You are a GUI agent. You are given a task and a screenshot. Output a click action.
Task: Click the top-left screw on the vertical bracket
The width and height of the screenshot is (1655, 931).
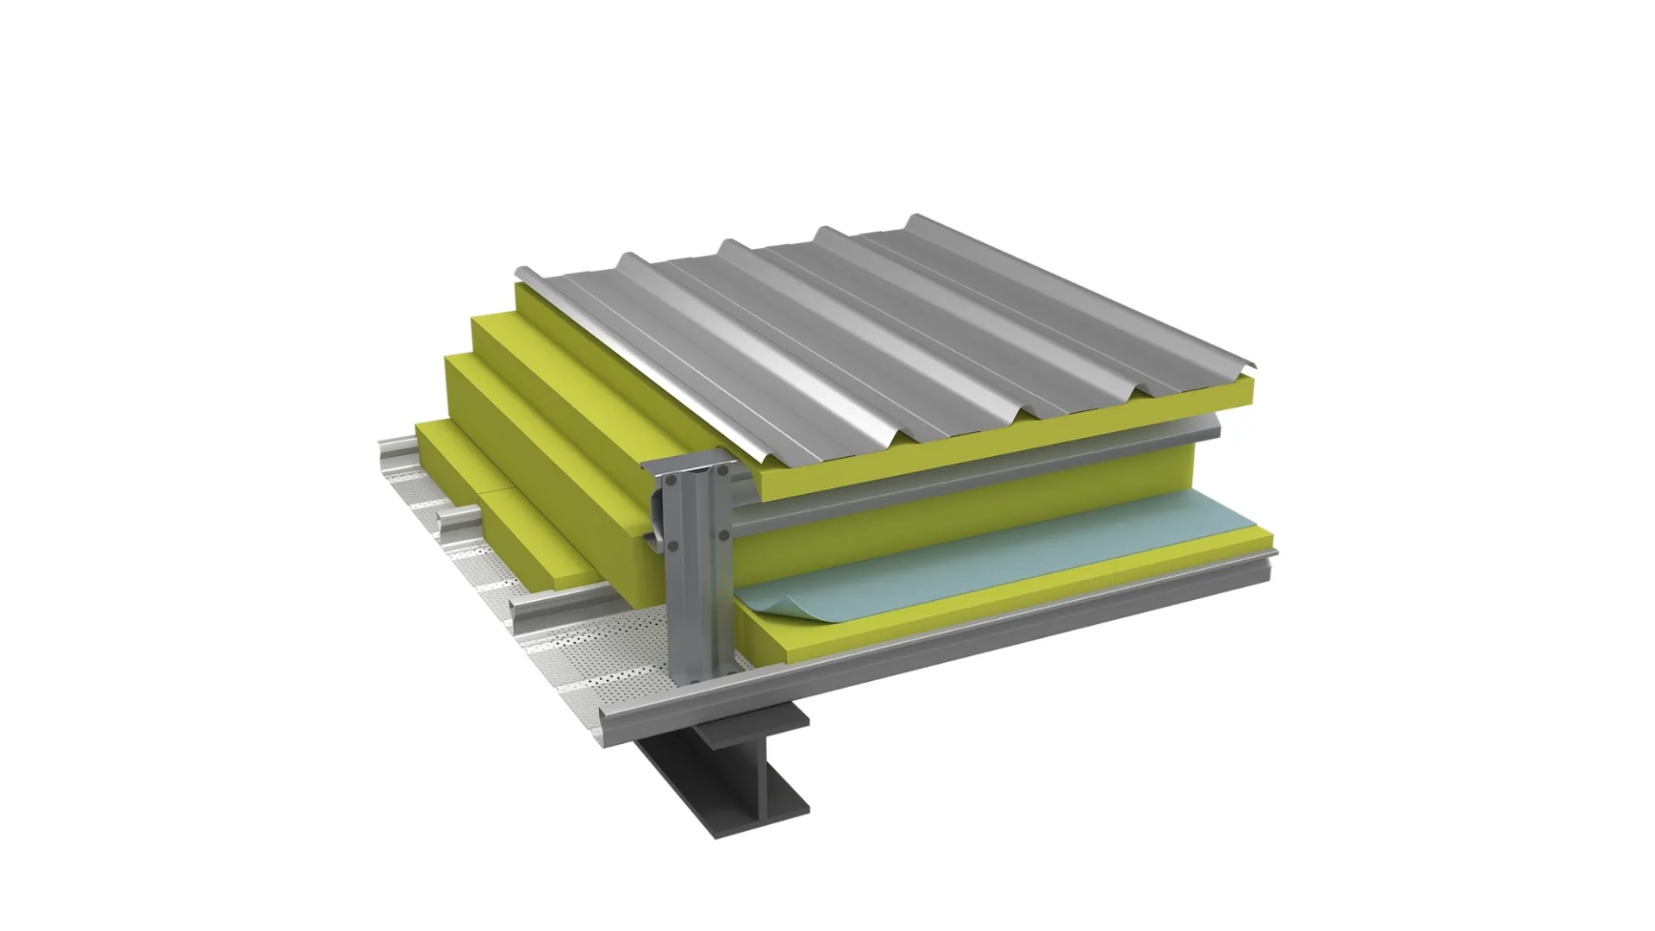tap(671, 480)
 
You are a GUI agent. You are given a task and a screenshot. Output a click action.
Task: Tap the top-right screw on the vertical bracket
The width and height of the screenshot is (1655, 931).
tap(723, 471)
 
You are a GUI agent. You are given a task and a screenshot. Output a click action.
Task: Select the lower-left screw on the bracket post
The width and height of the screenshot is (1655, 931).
tap(672, 547)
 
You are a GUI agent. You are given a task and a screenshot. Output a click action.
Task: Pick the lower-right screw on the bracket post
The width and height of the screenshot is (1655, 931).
tap(724, 535)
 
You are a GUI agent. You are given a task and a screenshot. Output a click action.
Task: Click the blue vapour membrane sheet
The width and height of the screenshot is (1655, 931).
tap(991, 552)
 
